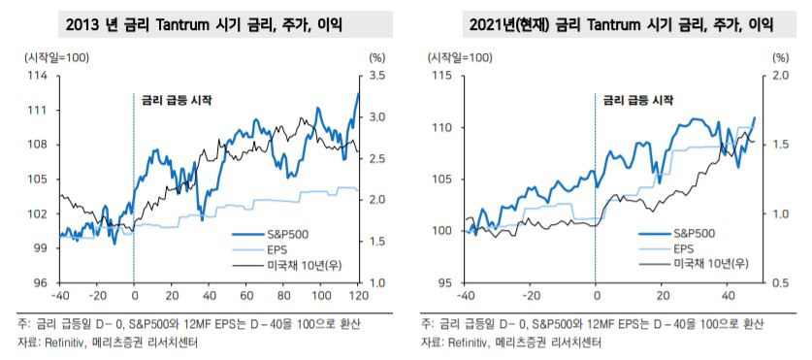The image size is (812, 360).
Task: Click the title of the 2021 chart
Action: (603, 21)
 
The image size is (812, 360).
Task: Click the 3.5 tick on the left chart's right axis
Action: (378, 75)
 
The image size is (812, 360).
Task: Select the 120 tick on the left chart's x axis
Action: (358, 295)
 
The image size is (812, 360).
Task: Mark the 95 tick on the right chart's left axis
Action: (443, 282)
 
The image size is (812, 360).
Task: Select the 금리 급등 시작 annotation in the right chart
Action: (636, 100)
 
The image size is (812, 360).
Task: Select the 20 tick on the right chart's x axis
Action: (662, 295)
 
